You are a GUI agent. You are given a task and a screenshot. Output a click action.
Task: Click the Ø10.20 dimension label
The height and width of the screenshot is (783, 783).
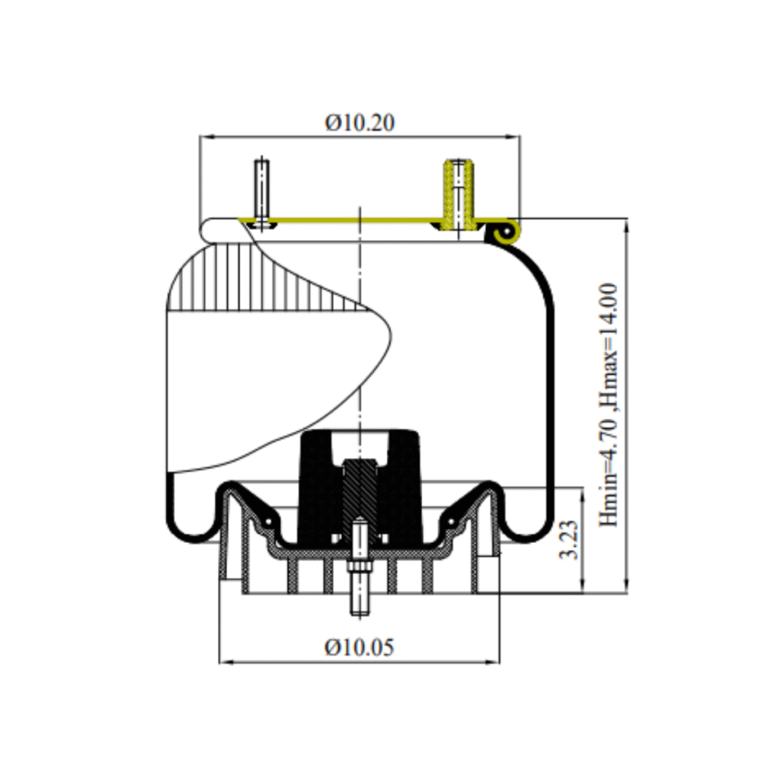(359, 123)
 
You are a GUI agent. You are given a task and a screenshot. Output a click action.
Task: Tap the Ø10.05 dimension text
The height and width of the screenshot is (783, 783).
(359, 647)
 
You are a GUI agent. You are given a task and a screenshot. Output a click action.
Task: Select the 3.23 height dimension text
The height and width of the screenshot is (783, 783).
(569, 540)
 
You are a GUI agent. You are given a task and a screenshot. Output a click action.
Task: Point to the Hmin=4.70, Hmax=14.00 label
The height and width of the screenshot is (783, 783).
(608, 405)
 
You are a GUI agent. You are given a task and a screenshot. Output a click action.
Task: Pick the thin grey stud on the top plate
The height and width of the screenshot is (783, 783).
(262, 192)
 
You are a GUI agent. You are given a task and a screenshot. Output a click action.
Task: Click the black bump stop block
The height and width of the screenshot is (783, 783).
(359, 487)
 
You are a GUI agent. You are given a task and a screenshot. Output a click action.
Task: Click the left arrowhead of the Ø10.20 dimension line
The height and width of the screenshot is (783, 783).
(206, 136)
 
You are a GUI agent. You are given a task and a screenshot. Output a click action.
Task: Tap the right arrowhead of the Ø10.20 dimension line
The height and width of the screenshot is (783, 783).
(513, 136)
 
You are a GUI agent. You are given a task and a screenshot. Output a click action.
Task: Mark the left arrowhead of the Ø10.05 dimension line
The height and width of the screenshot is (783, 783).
(226, 662)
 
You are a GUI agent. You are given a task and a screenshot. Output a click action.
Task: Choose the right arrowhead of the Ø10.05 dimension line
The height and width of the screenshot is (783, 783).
(493, 662)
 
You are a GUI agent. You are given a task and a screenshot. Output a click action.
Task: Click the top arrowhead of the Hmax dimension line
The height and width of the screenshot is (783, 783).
(627, 226)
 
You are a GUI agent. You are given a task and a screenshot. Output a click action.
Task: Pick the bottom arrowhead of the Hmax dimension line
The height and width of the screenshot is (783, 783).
(627, 587)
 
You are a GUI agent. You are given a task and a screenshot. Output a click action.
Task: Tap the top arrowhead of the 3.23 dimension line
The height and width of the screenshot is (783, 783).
(582, 495)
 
